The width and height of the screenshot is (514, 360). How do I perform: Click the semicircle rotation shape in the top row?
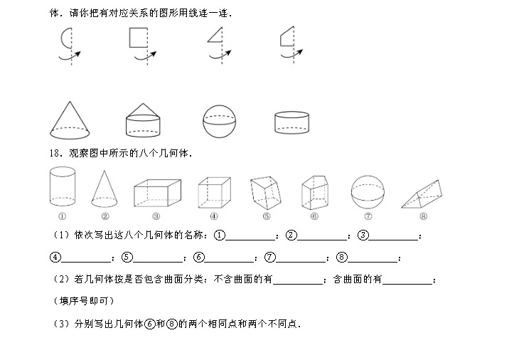61,38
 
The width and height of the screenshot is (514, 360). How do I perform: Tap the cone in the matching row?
70,120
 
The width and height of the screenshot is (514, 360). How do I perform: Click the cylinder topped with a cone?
143,120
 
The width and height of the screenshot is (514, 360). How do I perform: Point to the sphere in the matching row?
219,121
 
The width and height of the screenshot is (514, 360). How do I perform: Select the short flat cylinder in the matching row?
291,123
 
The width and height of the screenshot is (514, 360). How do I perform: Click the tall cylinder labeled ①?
63,186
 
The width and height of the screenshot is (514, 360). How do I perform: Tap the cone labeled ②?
105,189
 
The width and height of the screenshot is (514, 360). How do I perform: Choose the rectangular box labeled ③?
157,193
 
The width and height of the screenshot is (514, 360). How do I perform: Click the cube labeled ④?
215,193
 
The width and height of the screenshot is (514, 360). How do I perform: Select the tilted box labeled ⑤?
265,193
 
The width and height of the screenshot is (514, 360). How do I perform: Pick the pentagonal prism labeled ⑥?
315,193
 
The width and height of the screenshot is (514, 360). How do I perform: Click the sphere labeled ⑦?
368,192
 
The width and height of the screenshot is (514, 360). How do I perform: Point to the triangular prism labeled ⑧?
422,194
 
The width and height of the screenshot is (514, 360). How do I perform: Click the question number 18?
55,153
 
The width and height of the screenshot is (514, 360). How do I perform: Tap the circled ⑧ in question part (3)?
172,324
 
